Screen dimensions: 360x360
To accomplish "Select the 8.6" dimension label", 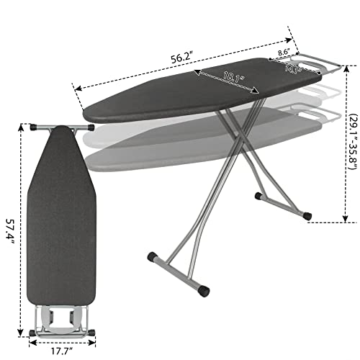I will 286,53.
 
